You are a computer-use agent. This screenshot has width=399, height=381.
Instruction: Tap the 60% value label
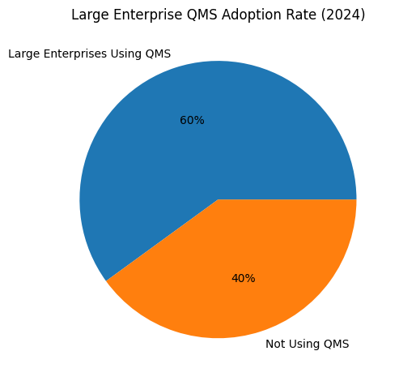pos(192,121)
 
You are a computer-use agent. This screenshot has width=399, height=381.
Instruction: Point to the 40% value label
pos(243,278)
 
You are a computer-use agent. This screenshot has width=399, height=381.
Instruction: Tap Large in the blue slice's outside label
pos(23,54)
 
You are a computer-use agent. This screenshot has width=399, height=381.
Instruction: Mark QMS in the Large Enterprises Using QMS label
pos(158,54)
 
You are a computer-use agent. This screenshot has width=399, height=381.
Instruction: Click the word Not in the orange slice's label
pos(275,345)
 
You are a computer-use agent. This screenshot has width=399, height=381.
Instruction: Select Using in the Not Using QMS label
pos(303,345)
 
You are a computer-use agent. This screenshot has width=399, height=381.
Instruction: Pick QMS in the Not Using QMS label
pos(336,345)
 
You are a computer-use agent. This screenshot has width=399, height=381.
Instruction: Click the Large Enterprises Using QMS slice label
pos(89,54)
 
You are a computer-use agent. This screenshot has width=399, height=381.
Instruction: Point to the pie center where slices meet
pos(218,199)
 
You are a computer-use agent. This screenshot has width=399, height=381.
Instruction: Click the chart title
pos(218,15)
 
